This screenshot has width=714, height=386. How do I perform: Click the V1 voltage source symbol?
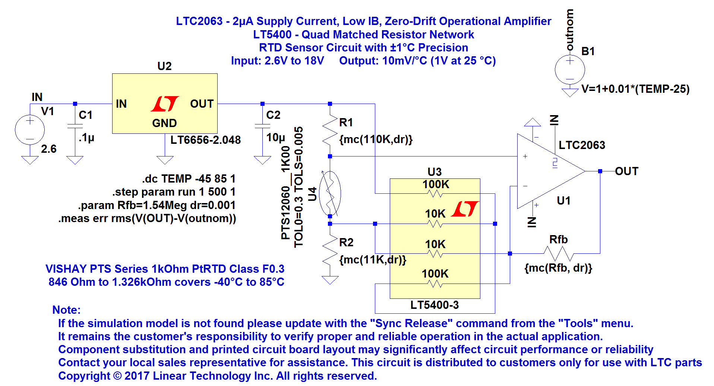(x=30, y=130)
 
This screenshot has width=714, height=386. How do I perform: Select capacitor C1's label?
(x=85, y=115)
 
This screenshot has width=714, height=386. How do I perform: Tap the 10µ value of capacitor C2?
(x=275, y=138)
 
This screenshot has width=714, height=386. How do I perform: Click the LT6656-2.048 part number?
(x=205, y=140)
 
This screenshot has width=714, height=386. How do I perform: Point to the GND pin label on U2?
(x=164, y=123)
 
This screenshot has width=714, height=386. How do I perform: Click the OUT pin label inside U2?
(x=202, y=104)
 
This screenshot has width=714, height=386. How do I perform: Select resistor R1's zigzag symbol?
(x=330, y=130)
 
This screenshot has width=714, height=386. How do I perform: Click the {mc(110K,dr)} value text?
(x=376, y=139)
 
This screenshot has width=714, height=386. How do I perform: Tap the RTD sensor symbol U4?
(x=330, y=193)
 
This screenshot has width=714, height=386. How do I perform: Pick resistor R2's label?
(x=346, y=243)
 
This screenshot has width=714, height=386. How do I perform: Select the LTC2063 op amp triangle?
(x=548, y=171)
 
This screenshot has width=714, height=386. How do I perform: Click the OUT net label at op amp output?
(x=626, y=171)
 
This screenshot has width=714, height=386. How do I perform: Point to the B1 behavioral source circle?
(x=569, y=70)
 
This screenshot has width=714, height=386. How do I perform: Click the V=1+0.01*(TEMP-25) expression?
(x=635, y=89)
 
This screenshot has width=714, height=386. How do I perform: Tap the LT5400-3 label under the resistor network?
(x=435, y=305)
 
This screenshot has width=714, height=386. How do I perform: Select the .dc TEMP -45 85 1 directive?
(x=189, y=179)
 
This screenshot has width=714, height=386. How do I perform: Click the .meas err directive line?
(x=147, y=218)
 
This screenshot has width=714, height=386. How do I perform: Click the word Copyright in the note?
(x=84, y=376)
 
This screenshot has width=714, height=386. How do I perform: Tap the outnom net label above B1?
(x=569, y=30)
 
